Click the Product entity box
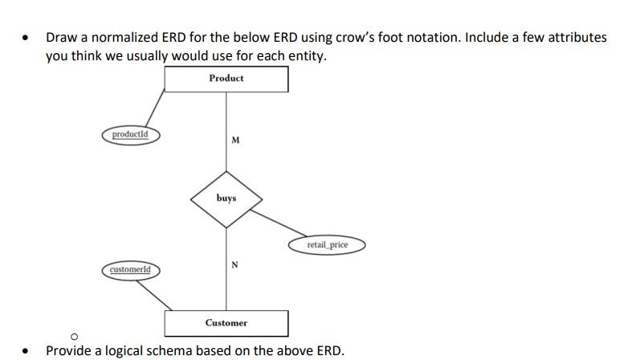(226, 79)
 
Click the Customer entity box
(226, 322)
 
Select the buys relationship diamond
(226, 197)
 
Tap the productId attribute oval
(130, 134)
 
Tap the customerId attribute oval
(130, 268)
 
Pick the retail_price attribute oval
(327, 244)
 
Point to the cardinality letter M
(234, 140)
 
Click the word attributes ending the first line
(576, 38)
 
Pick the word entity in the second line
(303, 57)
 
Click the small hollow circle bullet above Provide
(73, 336)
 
